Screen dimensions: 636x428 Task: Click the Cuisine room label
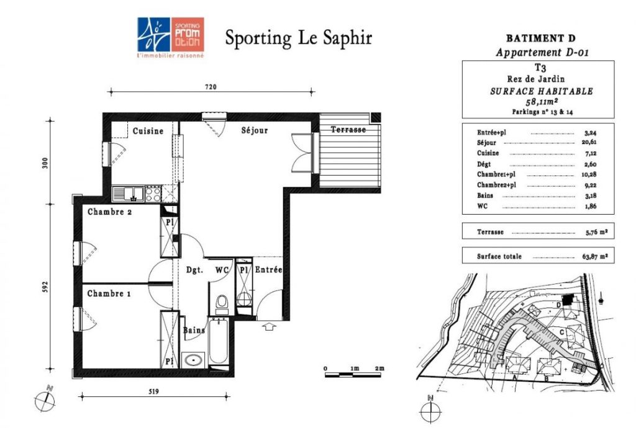[x=148, y=131]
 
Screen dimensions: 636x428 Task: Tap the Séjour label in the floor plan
[x=254, y=130]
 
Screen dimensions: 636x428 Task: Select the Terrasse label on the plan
[x=348, y=130]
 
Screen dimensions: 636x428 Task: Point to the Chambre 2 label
[x=109, y=212]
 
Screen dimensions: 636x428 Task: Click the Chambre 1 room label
[x=109, y=293]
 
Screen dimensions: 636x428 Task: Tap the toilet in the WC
[x=222, y=304]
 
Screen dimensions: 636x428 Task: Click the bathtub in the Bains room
[x=219, y=342]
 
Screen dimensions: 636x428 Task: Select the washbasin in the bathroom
[x=194, y=360]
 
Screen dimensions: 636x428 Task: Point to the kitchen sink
[x=128, y=194]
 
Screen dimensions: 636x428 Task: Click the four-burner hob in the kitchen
[x=153, y=194]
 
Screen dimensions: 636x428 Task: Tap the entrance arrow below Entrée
[x=269, y=326]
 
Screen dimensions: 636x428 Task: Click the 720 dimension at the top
[x=211, y=87]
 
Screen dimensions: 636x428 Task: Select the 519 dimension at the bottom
[x=153, y=391]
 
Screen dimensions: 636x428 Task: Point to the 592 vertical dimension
[x=45, y=287]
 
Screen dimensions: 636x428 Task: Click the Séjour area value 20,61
[x=590, y=142]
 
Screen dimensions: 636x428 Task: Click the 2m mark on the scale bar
[x=379, y=368]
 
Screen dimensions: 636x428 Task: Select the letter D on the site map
[x=558, y=305]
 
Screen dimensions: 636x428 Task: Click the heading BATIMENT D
[x=541, y=38]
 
